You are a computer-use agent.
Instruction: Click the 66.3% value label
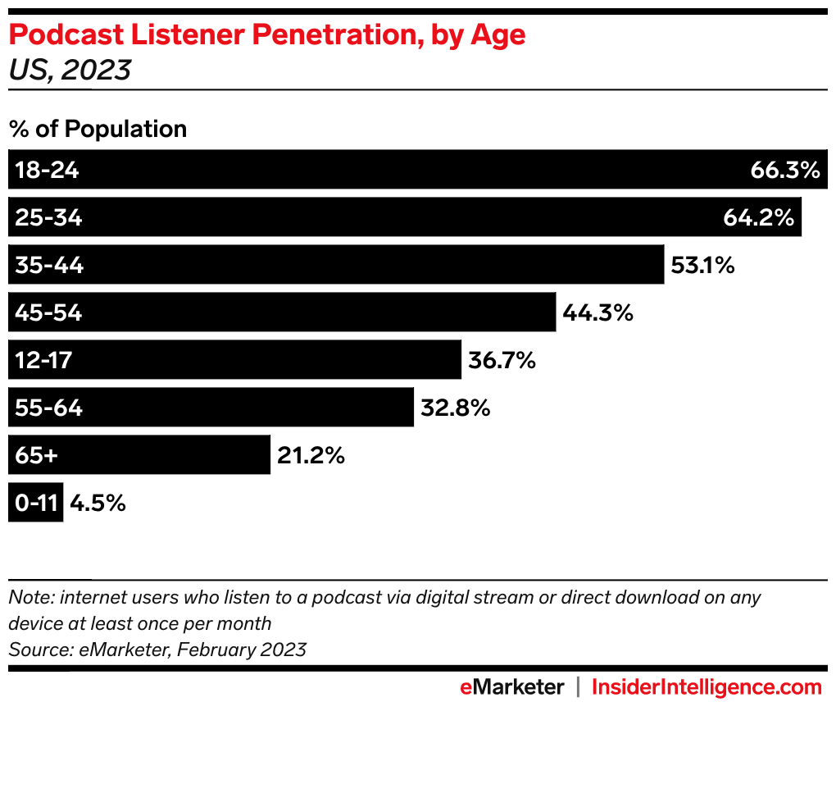(784, 170)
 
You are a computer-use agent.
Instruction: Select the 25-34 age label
(48, 217)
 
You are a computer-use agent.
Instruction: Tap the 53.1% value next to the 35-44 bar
(702, 265)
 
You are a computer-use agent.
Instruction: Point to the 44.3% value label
(598, 312)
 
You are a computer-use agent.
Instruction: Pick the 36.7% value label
(502, 360)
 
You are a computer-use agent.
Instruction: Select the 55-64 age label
(48, 408)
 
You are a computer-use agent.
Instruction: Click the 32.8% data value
(455, 408)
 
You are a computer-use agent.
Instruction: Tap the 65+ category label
(37, 455)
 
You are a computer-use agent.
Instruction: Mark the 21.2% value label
(311, 455)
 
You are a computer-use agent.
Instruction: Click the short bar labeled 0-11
(35, 503)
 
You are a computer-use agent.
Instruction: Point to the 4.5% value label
(98, 503)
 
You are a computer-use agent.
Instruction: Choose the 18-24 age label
(47, 170)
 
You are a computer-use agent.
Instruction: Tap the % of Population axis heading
(98, 129)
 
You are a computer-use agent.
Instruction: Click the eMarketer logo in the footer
(511, 686)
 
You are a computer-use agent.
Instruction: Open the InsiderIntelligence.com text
(707, 686)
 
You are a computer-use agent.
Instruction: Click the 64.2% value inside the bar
(758, 217)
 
